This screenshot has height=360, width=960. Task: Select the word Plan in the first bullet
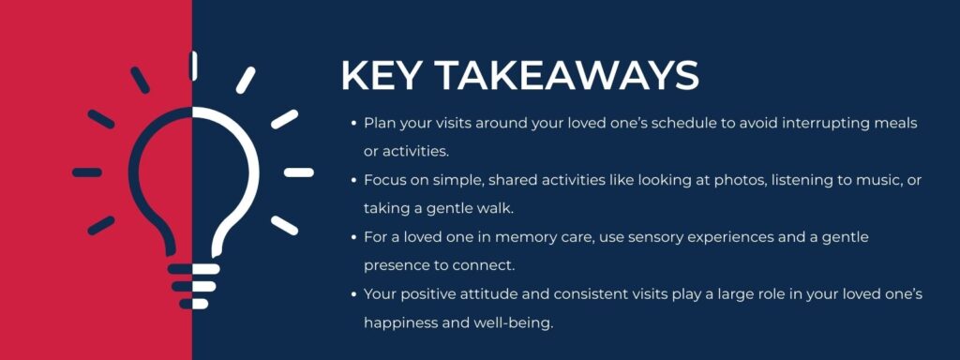coord(380,123)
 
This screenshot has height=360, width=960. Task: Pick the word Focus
coord(385,180)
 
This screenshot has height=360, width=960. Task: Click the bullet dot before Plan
coord(353,123)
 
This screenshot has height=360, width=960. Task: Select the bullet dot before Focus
coord(353,180)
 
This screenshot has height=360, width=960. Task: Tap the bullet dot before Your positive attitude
coord(353,294)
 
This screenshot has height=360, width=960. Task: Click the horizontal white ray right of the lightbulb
coord(299,172)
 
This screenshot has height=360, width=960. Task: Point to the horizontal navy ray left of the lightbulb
coord(87,172)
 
